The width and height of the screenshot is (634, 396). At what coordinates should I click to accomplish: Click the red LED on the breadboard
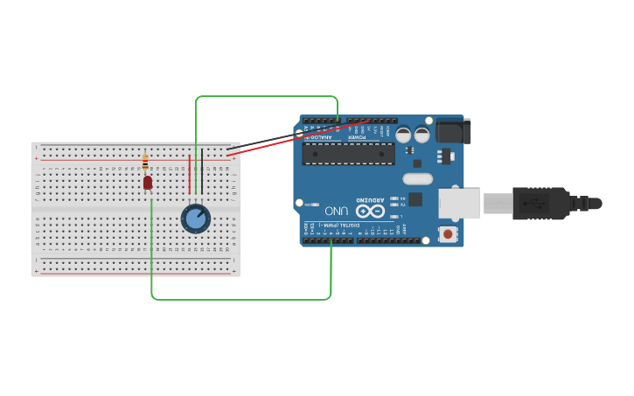pos(148,183)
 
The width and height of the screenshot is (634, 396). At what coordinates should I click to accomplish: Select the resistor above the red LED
pos(145,163)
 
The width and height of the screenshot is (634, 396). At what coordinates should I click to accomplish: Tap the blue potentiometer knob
pos(195,219)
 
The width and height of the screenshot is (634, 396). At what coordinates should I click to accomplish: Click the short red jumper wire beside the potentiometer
pos(189,175)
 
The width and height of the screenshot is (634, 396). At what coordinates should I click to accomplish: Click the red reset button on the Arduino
pos(449,233)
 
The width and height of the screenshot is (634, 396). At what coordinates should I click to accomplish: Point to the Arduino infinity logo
pos(370,211)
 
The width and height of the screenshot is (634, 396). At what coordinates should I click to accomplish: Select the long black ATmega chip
pos(347,154)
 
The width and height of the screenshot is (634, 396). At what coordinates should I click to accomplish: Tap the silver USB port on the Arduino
pos(458,203)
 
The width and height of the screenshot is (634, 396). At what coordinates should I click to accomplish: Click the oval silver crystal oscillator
pos(418,179)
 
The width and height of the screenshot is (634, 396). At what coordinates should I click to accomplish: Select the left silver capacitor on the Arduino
pos(404,135)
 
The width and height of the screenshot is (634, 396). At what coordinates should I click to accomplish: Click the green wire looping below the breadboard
pos(240,299)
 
